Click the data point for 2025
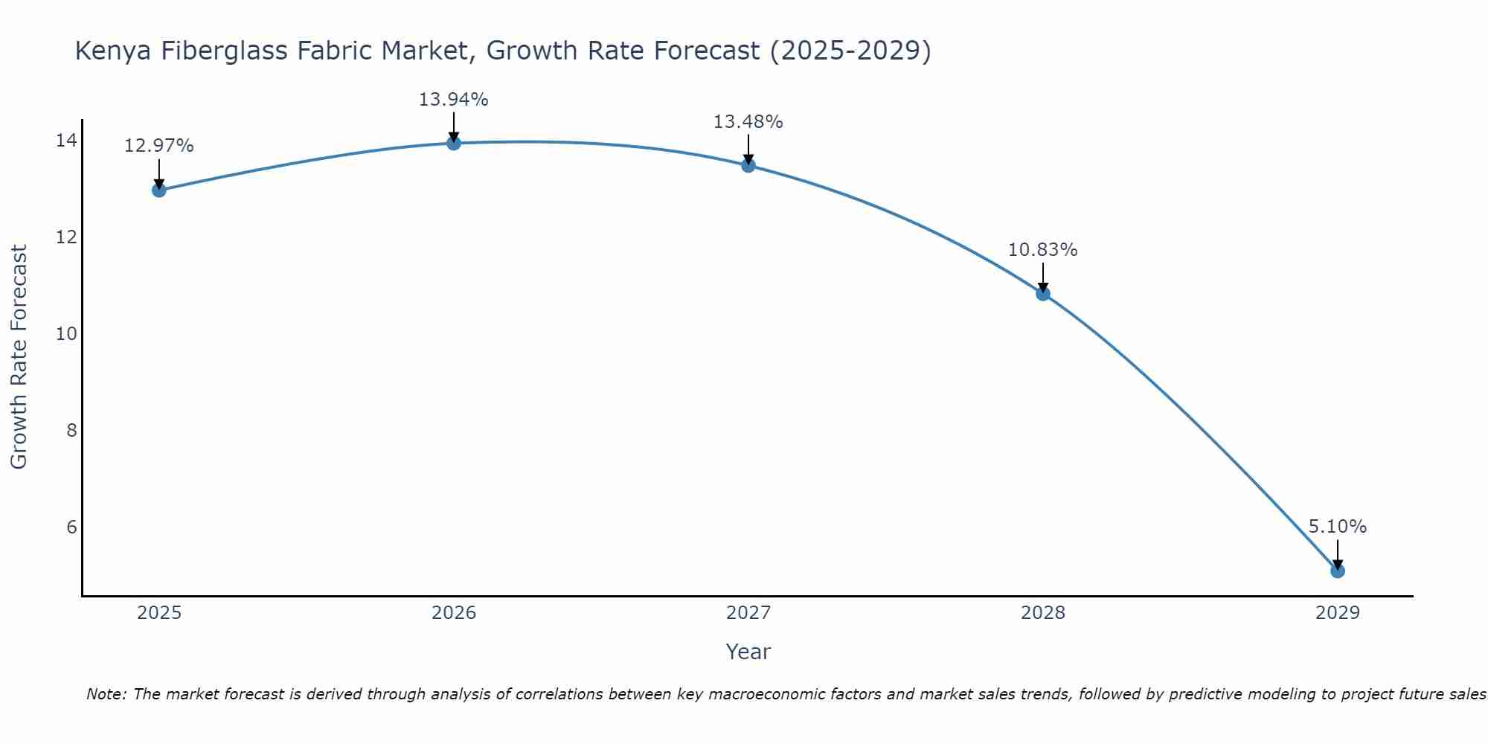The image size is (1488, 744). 158,190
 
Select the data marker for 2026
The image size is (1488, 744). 454,143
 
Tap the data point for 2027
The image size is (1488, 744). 748,165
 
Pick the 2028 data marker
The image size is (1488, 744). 1043,294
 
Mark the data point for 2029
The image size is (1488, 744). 1338,571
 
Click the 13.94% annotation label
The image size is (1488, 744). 453,100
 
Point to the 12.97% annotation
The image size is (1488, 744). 158,146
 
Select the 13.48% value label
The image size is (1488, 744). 748,122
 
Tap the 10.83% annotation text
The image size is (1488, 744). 1042,250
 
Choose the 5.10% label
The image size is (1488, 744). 1337,527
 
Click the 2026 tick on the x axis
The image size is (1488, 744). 454,613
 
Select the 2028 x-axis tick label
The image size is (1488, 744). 1043,613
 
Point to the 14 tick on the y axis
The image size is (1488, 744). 66,141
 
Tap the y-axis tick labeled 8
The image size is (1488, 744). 71,430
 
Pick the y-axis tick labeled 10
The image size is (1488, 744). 66,333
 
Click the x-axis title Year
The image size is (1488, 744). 748,652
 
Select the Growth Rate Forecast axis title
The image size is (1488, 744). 19,356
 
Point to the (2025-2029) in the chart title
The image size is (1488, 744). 850,51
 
